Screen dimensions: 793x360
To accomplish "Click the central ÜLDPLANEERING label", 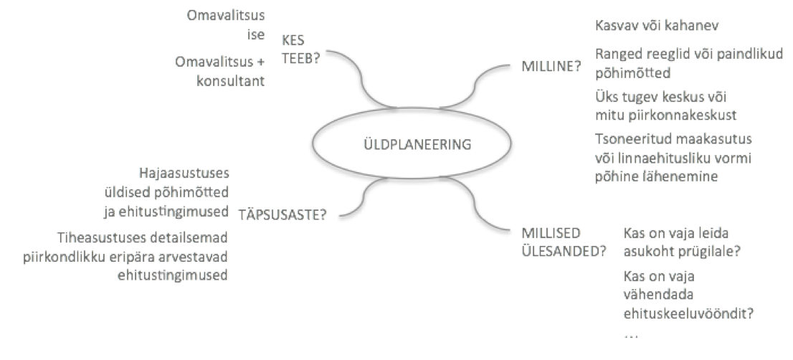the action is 417,145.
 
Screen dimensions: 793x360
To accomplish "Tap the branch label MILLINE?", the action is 551,66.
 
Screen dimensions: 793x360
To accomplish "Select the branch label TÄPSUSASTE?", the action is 282,215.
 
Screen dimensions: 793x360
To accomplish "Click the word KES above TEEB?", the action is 293,40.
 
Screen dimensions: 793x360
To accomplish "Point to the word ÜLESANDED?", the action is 564,251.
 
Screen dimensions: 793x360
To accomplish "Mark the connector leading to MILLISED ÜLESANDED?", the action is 475,207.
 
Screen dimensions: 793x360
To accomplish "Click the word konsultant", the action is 231,81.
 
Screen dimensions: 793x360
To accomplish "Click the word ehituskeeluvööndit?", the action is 688,313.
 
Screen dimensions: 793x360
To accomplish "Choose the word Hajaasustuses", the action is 184,174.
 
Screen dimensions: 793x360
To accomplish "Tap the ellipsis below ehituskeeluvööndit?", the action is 631,335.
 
